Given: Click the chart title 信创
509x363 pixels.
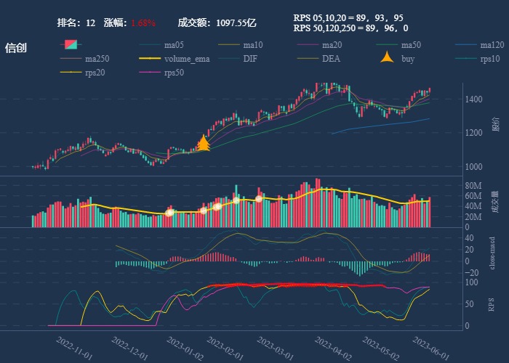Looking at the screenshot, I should click(16, 48).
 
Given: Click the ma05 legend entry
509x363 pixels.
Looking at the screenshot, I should click(172, 45).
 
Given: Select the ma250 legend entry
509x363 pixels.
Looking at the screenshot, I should click(97, 59).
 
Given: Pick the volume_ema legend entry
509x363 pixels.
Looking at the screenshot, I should click(186, 59).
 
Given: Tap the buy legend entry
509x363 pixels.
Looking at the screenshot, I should click(408, 59).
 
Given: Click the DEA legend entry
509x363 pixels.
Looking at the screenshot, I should click(331, 59).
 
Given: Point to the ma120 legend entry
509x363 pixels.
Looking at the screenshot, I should click(492, 45).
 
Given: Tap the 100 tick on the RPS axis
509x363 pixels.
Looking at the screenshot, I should click(472, 282).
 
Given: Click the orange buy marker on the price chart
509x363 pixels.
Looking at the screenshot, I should click(204, 144).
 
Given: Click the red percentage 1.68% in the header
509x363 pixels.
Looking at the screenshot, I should click(143, 23).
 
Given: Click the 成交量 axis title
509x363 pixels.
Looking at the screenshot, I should click(494, 201).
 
